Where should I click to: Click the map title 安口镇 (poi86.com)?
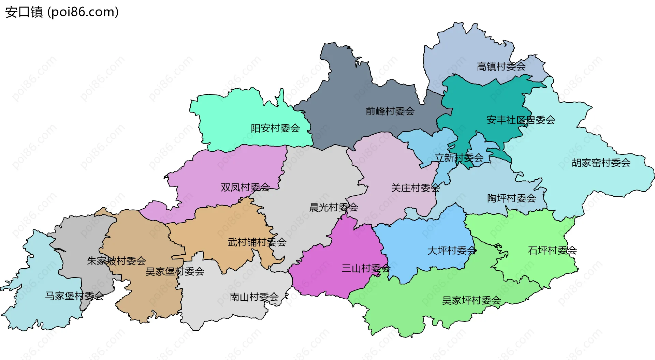62,12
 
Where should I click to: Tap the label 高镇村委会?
501,66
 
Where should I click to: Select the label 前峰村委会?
390,111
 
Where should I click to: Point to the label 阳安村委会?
275,128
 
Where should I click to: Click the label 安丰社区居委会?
521,120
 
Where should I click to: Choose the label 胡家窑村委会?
601,163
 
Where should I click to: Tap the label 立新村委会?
459,158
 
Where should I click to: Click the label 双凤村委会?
245,187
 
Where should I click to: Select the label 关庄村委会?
415,188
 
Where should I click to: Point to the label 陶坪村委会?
511,198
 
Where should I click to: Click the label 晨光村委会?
333,207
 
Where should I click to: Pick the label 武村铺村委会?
257,242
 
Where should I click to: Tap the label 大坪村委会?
452,251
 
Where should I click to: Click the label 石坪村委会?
552,251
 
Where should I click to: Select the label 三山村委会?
366,269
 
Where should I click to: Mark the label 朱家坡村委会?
116,261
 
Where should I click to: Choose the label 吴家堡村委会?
175,272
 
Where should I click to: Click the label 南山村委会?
254,297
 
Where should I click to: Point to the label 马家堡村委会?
74,296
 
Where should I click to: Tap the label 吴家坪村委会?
471,301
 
